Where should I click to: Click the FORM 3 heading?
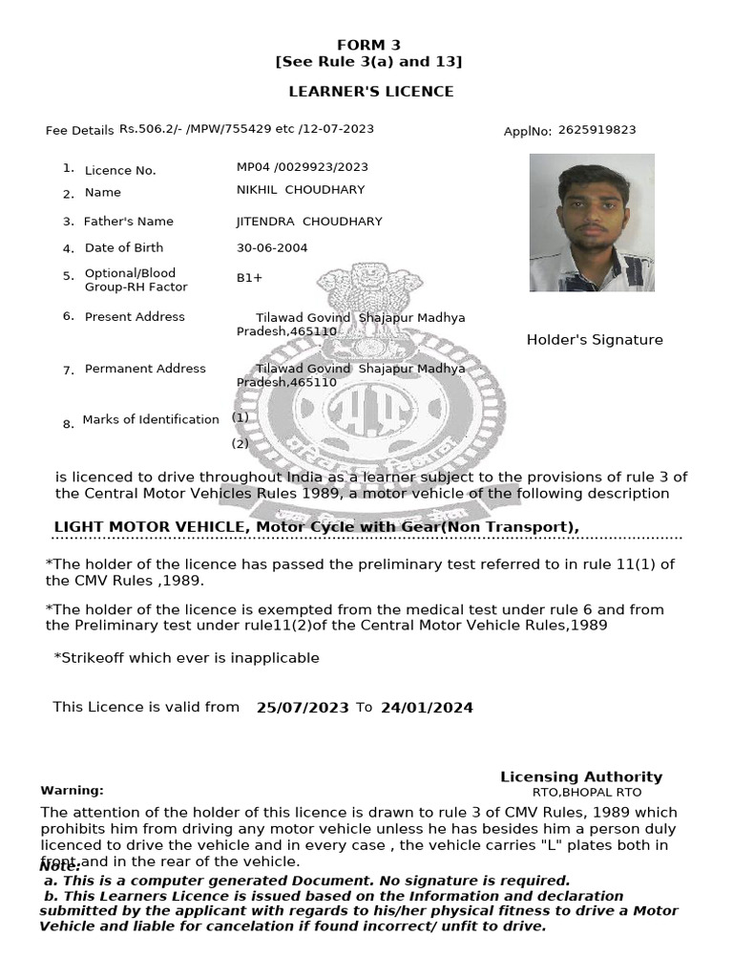coord(368,45)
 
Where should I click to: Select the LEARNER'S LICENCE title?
coord(371,92)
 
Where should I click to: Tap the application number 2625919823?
coord(597,130)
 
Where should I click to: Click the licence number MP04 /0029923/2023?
coord(302,167)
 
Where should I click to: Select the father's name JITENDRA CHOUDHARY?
coord(309,222)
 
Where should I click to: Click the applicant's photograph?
coord(592,223)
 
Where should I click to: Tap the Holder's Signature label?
coord(595,340)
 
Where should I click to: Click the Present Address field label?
coord(135,317)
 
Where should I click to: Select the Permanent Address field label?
coord(145,369)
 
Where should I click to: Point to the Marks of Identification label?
coord(151,419)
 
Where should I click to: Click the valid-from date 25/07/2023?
coord(303,708)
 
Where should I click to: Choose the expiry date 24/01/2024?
coord(427,708)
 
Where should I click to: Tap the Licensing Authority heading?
coord(581,776)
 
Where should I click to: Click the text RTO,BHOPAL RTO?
coord(587,793)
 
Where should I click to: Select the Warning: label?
coord(72,791)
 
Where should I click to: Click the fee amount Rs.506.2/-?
coord(146,129)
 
